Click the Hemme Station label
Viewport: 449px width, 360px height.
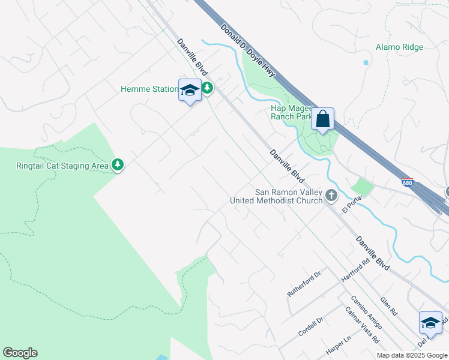point(149,89)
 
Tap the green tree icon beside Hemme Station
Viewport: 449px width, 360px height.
point(207,89)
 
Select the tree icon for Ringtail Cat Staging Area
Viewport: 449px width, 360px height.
point(118,165)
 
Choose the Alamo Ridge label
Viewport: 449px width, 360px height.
point(399,47)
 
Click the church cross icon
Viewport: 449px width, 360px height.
point(331,196)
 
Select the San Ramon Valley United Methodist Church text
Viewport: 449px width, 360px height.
point(277,196)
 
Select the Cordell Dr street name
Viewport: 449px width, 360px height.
point(312,326)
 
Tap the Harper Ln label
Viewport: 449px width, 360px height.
point(338,347)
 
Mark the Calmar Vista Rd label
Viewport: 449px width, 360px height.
point(361,325)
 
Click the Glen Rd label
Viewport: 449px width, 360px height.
point(389,306)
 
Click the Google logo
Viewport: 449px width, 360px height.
point(20,353)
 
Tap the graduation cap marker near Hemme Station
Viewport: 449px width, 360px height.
point(190,91)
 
